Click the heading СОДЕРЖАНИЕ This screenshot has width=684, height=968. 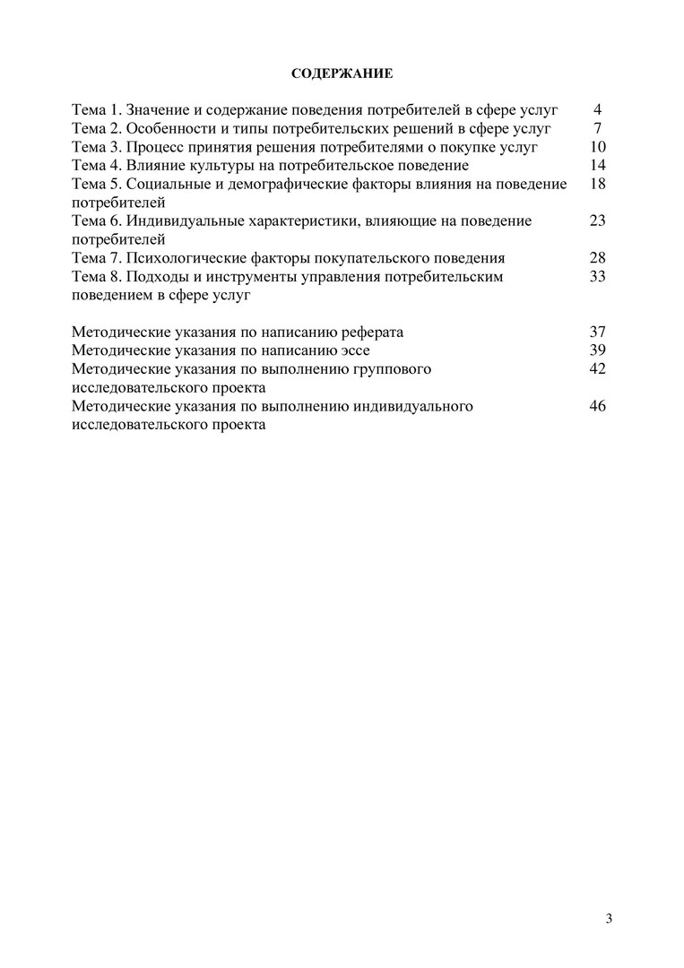(x=342, y=72)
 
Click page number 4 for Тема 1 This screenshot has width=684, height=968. (x=597, y=110)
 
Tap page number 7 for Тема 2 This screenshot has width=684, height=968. (x=597, y=128)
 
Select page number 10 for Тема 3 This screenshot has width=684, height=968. (x=599, y=147)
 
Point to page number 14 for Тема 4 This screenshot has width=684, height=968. (x=599, y=166)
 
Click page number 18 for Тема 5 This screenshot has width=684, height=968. (x=599, y=184)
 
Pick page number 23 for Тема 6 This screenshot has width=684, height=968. (x=599, y=221)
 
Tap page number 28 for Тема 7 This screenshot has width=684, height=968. (x=599, y=258)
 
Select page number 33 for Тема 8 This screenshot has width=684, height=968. (x=599, y=277)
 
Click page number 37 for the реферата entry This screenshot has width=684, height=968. (x=599, y=333)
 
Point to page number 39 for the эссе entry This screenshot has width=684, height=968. (x=599, y=350)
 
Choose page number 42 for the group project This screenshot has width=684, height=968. (x=599, y=369)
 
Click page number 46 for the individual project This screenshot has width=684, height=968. (x=599, y=406)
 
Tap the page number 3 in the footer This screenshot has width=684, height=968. (x=609, y=919)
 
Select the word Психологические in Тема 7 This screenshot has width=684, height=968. (x=183, y=258)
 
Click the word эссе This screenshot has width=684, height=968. (x=352, y=350)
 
